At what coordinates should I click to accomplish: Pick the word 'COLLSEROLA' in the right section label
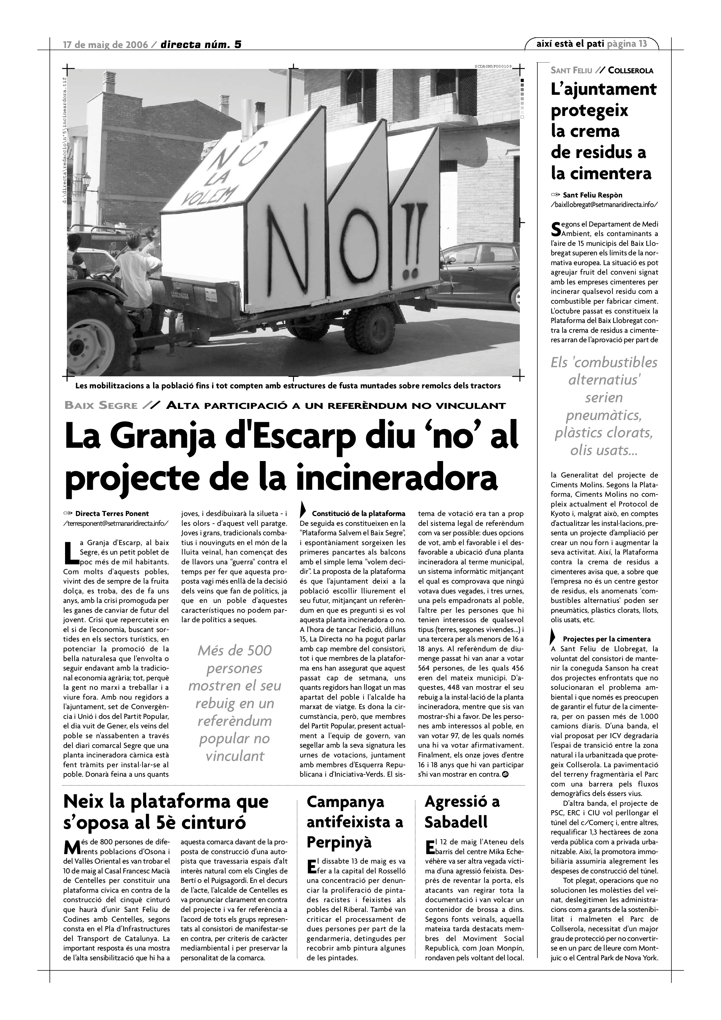pyautogui.click(x=630, y=70)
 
